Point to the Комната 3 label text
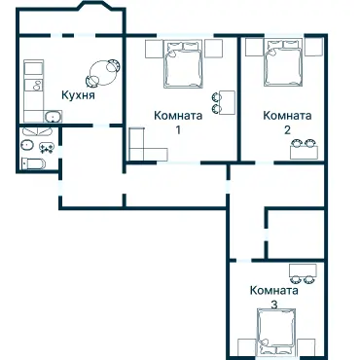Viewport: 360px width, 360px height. pyautogui.click(x=273, y=297)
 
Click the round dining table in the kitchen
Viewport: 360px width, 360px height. pyautogui.click(x=102, y=69)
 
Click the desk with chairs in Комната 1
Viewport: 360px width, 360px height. pyautogui.click(x=224, y=101)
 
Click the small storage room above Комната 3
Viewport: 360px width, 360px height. pyautogui.click(x=296, y=234)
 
